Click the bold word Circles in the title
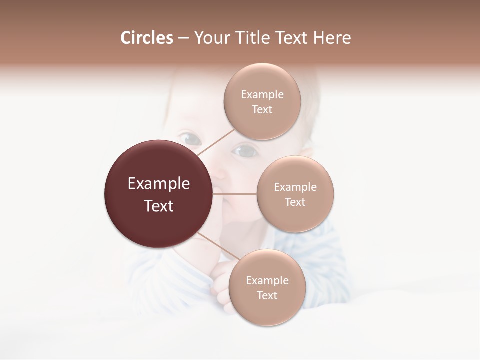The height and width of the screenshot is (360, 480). point(147,38)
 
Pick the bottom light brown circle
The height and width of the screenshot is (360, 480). point(267,312)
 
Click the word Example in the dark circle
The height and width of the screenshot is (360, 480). point(159,184)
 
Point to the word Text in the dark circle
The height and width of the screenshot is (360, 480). point(159,206)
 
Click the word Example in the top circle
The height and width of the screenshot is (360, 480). point(262,95)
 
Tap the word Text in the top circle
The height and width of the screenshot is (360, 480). point(262,110)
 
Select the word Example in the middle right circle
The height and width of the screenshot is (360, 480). point(295,187)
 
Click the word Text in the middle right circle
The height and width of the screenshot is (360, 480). point(295,202)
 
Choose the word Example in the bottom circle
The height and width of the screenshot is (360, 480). point(267,281)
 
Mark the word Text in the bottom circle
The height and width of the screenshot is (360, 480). point(267,296)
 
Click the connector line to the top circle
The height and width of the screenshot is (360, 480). point(216,142)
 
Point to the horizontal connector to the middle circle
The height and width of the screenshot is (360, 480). point(235,194)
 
